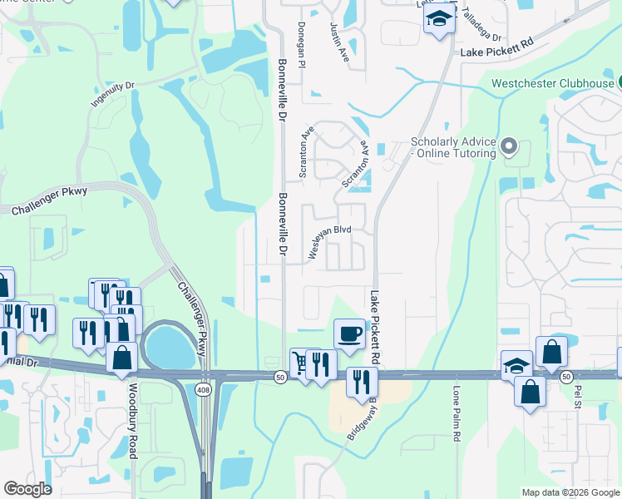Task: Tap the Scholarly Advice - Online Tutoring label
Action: click(x=454, y=147)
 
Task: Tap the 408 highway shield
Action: click(x=205, y=389)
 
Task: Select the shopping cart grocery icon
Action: click(x=299, y=362)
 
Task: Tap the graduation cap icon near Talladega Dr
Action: click(x=438, y=18)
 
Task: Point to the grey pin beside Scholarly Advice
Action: click(x=511, y=148)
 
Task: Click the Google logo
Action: click(x=27, y=489)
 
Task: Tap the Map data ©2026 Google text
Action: click(x=570, y=492)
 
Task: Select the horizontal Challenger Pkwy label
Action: click(x=50, y=201)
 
